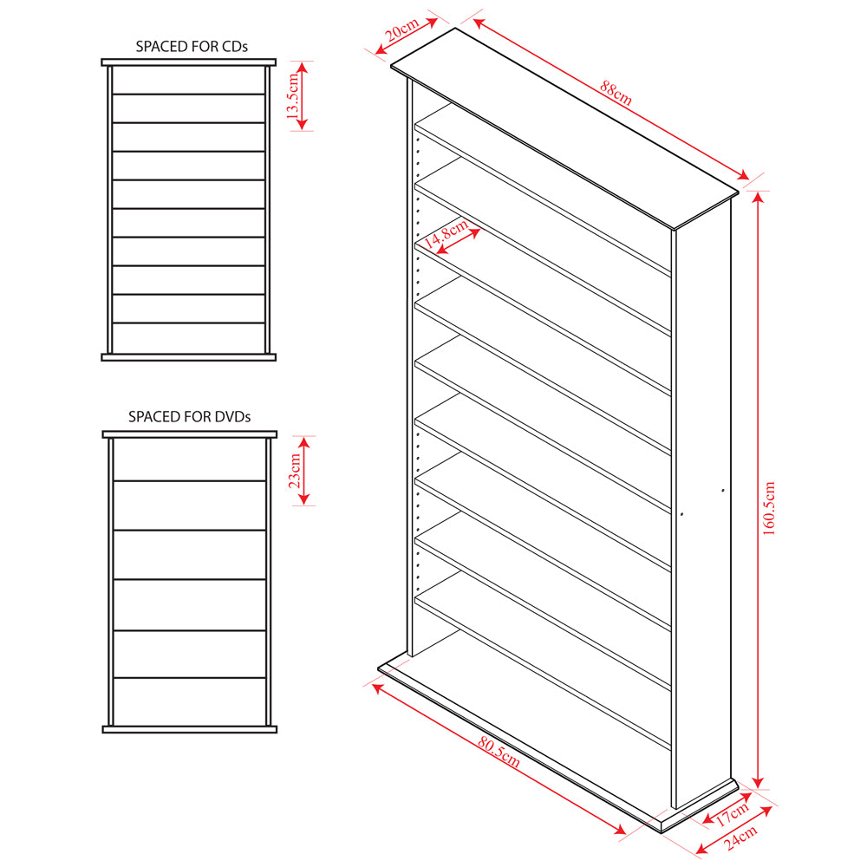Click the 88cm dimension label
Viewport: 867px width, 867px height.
[616, 94]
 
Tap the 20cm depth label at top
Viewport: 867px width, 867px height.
[402, 29]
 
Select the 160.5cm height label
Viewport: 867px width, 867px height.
[769, 508]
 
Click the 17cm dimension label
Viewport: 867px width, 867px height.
[733, 814]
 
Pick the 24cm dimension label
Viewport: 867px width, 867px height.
[740, 838]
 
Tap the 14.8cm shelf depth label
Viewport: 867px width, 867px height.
[446, 233]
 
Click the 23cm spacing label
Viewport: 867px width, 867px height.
[295, 471]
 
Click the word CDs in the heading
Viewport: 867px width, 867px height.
[234, 47]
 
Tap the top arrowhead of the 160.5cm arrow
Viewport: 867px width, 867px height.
[758, 197]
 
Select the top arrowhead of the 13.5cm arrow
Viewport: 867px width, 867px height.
[302, 68]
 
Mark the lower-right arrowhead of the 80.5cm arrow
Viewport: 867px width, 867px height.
[621, 829]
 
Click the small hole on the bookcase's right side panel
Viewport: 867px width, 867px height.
[723, 491]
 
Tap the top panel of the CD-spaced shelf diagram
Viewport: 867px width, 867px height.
[188, 62]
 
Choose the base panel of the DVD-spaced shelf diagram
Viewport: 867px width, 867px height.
[190, 730]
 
